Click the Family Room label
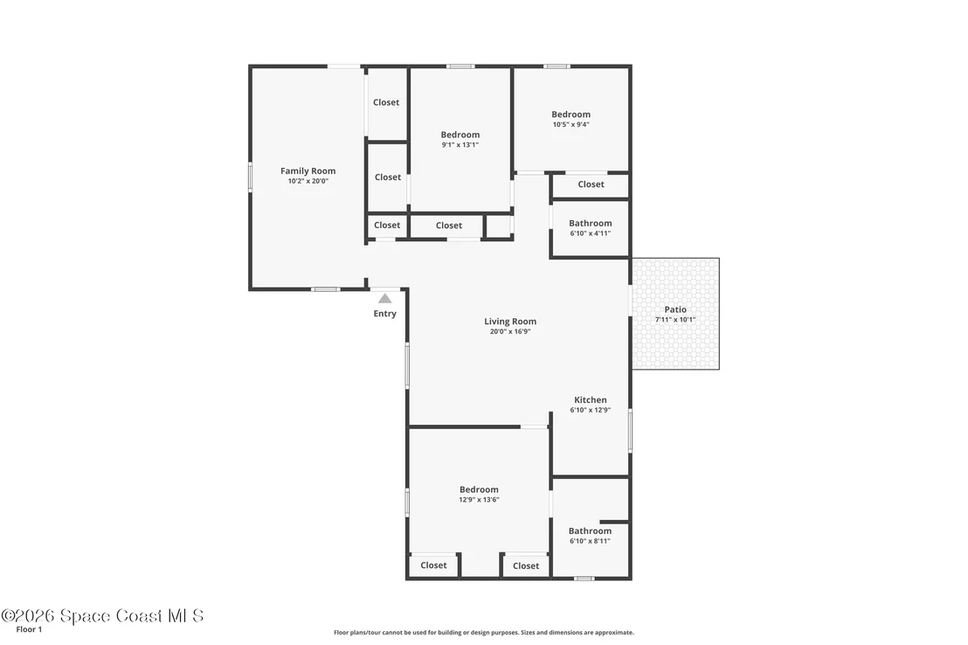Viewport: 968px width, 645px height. [308, 171]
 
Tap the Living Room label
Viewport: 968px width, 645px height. [510, 322]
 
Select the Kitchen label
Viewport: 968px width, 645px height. [591, 399]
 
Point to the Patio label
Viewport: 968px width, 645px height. [675, 309]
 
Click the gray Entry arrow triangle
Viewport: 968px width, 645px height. [384, 298]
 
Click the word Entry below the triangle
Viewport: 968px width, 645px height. [384, 314]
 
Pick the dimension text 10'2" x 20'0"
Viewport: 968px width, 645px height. [308, 181]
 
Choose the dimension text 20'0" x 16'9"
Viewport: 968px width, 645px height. [510, 331]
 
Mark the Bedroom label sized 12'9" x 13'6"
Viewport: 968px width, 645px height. [479, 489]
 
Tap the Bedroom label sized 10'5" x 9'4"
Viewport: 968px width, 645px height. [571, 114]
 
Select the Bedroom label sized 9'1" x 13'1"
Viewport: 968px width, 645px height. [460, 135]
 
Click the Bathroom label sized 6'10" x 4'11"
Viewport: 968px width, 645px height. [591, 223]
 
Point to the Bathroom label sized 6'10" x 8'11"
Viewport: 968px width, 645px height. [591, 531]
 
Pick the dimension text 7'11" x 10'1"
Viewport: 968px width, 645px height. [675, 319]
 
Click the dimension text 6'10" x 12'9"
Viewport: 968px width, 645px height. [591, 410]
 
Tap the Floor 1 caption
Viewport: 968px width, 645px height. [29, 629]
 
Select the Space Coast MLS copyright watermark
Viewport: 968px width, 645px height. [102, 615]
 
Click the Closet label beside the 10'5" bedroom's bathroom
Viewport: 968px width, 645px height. [591, 184]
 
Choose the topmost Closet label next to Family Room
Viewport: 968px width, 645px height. [386, 102]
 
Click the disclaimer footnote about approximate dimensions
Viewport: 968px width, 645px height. [484, 633]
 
